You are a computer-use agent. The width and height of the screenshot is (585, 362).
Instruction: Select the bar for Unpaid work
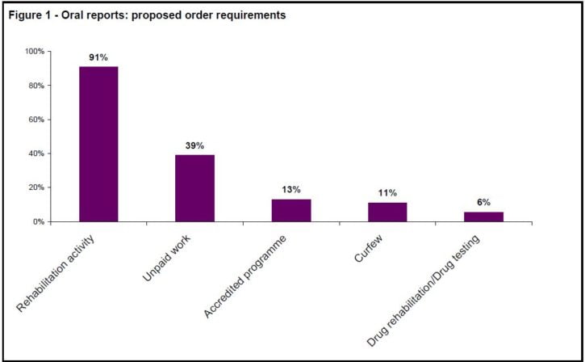194,188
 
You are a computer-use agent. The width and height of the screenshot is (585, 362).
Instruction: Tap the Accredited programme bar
290,210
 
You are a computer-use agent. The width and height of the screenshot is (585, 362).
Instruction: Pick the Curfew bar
387,212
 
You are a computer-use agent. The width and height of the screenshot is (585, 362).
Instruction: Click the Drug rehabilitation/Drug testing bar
483,217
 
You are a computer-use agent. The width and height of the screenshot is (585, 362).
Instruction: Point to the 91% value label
98,57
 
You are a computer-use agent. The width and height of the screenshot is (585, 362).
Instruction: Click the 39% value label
194,145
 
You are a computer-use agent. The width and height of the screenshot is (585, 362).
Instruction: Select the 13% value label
291,190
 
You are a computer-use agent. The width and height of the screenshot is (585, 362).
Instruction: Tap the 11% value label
387,193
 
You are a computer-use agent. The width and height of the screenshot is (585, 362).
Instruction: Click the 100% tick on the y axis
35,52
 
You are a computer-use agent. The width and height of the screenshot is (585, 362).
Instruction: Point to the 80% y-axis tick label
37,86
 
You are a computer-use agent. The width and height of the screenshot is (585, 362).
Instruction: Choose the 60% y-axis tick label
37,120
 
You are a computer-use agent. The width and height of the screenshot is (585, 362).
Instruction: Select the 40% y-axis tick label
37,154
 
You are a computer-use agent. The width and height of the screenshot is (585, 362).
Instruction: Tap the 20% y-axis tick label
37,187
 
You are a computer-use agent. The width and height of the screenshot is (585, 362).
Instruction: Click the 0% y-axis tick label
40,221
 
